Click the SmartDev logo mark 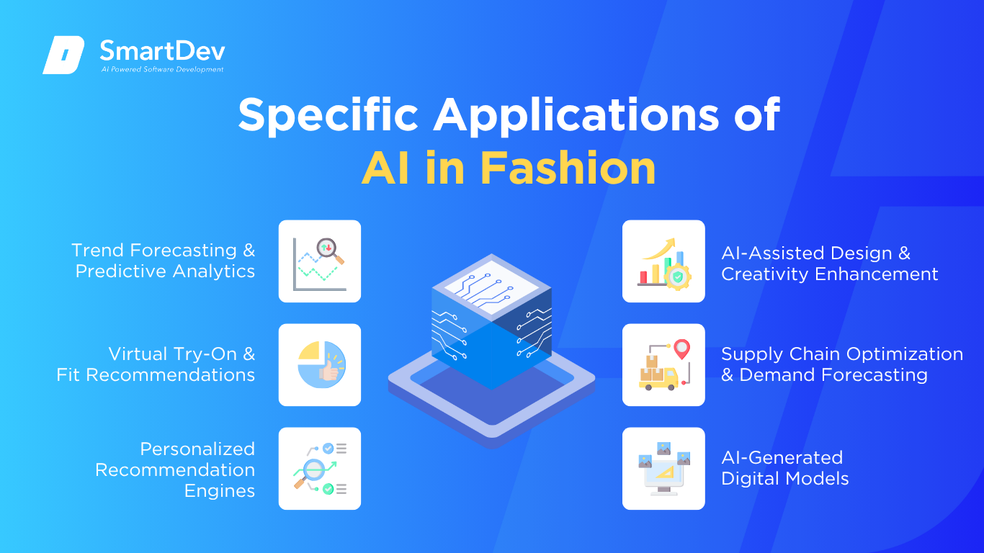pos(63,55)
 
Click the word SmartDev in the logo pos(163,51)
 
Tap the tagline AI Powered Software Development pos(163,69)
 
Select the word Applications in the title pos(576,115)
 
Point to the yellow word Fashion pos(568,168)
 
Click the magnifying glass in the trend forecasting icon pos(330,251)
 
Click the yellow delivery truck pos(658,379)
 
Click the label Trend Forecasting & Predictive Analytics pos(164,261)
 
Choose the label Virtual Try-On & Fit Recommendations pos(156,364)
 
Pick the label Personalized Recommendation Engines pos(175,470)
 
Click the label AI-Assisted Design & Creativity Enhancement pos(829,264)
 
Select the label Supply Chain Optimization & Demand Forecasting pos(842,364)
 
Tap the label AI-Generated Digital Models pos(784,468)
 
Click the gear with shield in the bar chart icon pos(678,276)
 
